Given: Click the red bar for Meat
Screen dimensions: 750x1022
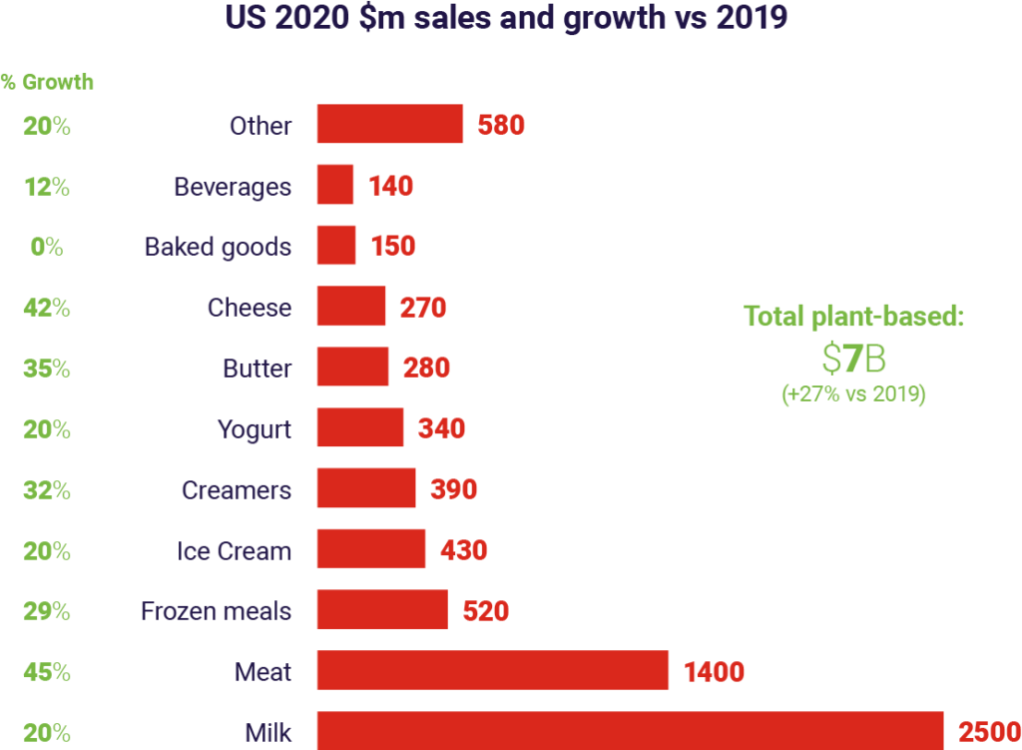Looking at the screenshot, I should coord(492,670).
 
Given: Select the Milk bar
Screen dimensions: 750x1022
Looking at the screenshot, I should coord(630,730).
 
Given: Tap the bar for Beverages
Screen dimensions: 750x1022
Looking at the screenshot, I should coord(335,186).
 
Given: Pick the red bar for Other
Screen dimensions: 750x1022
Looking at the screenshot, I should coord(390,125).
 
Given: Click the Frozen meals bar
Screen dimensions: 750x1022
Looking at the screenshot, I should coord(382,610).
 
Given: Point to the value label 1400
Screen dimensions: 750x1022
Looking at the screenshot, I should coord(715,671).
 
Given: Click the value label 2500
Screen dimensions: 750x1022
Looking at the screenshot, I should coord(989,732).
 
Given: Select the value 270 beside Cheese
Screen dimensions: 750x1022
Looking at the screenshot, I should coord(422,308).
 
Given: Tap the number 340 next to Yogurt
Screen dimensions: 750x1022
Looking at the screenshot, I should coord(442,429).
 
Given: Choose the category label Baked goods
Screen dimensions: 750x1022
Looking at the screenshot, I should coord(218,247).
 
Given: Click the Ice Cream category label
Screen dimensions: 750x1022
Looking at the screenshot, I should coord(235,551).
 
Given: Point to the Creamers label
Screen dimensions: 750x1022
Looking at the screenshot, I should coord(237,490).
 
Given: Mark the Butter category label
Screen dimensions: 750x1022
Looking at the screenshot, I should coord(257,369).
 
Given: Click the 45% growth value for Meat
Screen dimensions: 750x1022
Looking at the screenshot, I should coord(47,672).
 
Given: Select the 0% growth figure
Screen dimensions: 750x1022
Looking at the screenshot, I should coord(47,247).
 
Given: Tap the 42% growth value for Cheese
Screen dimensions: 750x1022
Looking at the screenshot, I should coord(47,308).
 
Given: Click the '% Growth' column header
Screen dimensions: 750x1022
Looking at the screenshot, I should coord(47,82).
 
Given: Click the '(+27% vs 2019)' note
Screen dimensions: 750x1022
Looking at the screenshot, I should coord(853,394).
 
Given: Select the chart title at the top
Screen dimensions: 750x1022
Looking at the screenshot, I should coord(511,18).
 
